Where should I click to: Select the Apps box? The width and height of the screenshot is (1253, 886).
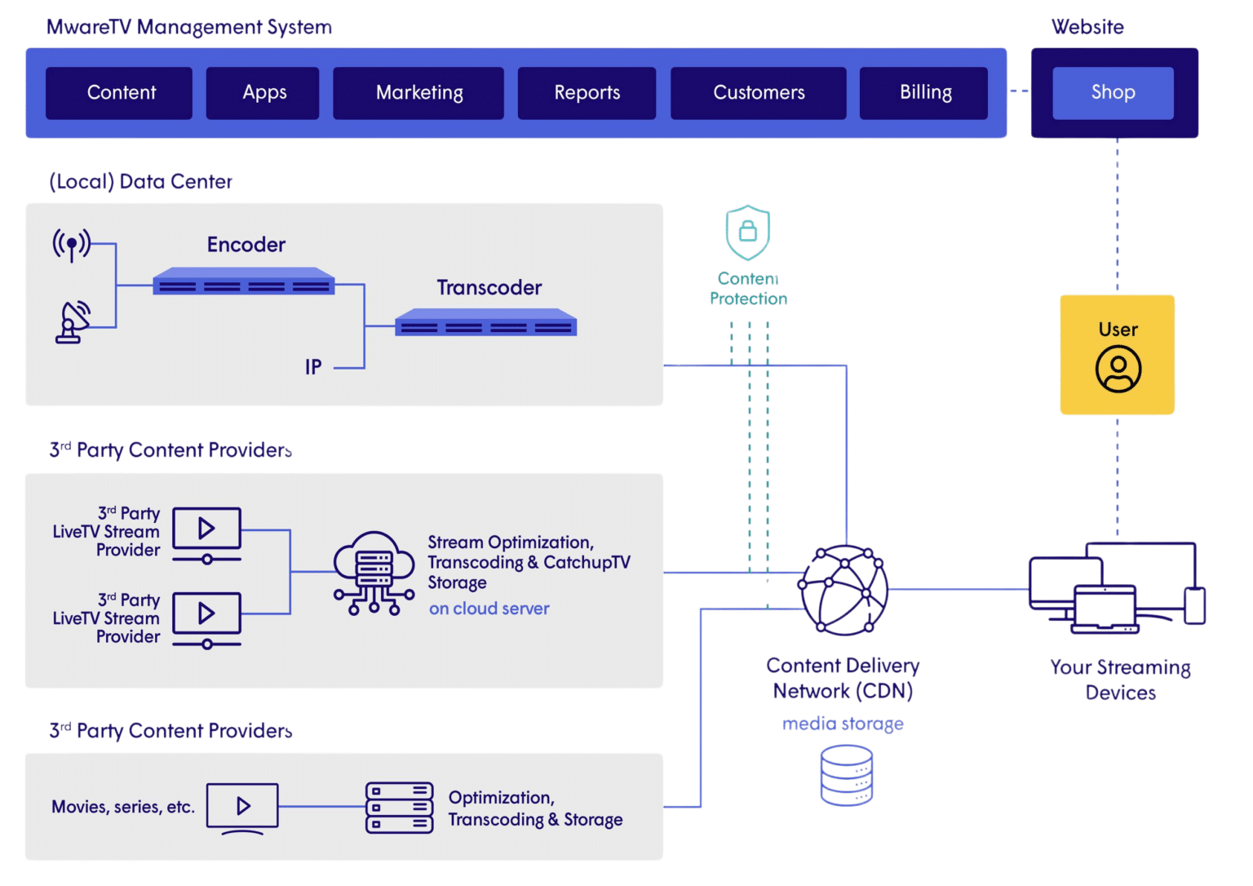coord(263,93)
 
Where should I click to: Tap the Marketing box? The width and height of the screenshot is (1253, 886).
coord(418,93)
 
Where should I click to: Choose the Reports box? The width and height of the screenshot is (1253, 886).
coord(587,93)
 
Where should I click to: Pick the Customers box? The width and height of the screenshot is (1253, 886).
coord(758,93)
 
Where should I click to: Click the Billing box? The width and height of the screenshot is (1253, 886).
coord(924,93)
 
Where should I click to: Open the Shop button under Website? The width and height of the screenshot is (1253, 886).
coord(1113,93)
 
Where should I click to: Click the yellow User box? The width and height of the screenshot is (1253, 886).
coord(1117,355)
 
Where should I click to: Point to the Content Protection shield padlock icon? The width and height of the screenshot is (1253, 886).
coord(747,232)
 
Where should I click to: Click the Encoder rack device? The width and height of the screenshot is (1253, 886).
coord(244,281)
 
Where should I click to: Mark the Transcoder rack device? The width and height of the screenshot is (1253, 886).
coord(486,323)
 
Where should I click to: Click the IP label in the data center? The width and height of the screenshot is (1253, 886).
coord(313,367)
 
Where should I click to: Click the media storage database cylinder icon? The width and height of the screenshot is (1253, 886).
coord(846,775)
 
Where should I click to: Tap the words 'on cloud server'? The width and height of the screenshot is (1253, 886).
coord(489,609)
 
